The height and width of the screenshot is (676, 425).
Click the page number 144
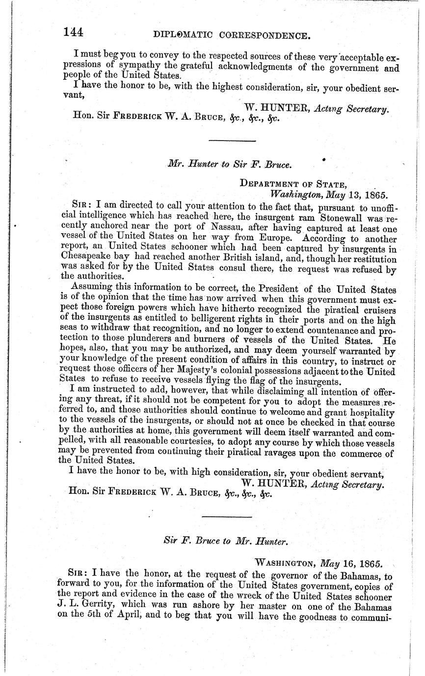[73, 32]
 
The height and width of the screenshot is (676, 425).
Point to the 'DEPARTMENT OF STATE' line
[293, 184]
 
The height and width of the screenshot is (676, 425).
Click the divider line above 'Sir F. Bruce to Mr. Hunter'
[227, 517]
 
